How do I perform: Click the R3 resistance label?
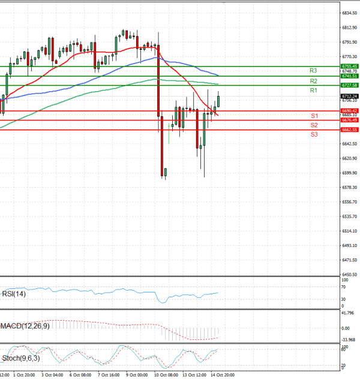313,71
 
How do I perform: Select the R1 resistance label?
313,90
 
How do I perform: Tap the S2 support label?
314,125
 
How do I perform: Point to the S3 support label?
314,135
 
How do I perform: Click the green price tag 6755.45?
349,66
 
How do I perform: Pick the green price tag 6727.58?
349,86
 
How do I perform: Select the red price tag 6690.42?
349,111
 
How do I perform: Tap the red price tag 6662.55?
349,129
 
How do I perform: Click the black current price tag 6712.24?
349,96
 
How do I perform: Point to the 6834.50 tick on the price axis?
349,13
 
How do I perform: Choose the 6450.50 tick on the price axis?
349,275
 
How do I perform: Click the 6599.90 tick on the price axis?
349,173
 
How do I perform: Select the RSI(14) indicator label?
14,294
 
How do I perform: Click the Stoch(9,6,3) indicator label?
20,358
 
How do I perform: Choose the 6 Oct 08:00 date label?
80,375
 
